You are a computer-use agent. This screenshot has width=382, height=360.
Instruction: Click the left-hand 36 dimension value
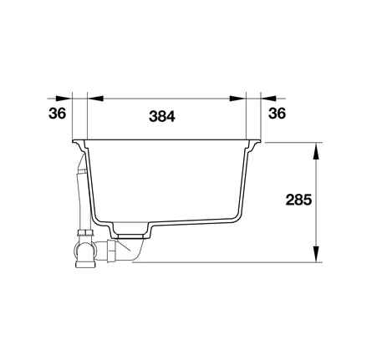tap(57, 114)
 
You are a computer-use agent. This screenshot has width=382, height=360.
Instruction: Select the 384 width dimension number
tap(162, 116)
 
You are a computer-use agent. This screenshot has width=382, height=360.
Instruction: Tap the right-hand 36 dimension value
tap(277, 114)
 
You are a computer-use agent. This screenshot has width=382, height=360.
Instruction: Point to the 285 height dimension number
tap(298, 200)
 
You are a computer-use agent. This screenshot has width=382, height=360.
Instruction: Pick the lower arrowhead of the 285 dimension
tap(316, 254)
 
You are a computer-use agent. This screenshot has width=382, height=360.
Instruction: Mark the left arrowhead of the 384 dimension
tap(95, 99)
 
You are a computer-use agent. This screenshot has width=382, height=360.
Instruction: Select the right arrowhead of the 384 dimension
tap(237, 99)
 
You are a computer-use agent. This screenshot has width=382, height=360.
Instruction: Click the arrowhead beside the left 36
tap(64, 99)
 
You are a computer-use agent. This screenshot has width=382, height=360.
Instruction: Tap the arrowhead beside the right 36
tap(268, 99)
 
